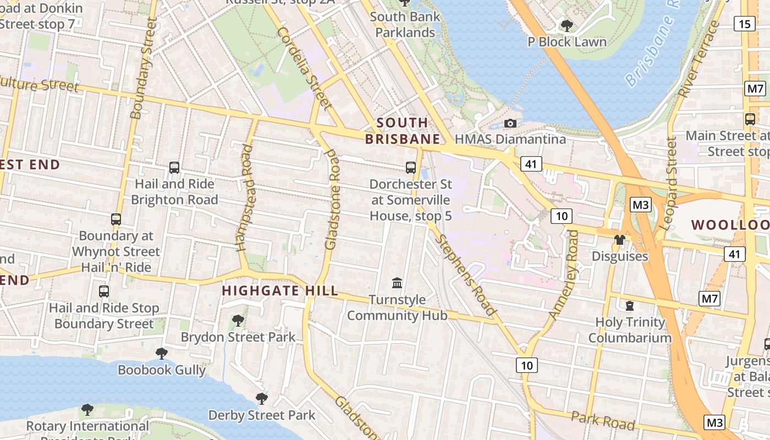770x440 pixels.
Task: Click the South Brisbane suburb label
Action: point(402,131)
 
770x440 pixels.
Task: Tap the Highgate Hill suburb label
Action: point(280,291)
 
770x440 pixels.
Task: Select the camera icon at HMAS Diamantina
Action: point(510,123)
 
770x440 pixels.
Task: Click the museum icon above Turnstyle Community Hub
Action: point(397,283)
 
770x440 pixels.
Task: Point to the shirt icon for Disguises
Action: point(620,240)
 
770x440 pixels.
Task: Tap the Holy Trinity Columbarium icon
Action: point(630,305)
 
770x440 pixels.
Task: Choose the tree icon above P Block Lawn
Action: point(566,25)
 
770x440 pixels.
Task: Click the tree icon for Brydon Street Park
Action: point(238,320)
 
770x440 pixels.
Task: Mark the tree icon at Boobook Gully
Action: point(161,353)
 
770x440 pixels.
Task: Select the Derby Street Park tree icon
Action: point(262,398)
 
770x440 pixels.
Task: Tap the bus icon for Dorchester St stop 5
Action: point(410,168)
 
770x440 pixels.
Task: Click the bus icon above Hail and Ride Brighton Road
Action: point(174,168)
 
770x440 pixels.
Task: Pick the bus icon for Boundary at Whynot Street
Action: point(116,219)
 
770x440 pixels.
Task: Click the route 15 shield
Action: point(744,24)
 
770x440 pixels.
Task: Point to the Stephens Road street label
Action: point(466,275)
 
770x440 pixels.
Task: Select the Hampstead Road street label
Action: point(245,197)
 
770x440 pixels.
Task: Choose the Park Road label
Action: point(603,421)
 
